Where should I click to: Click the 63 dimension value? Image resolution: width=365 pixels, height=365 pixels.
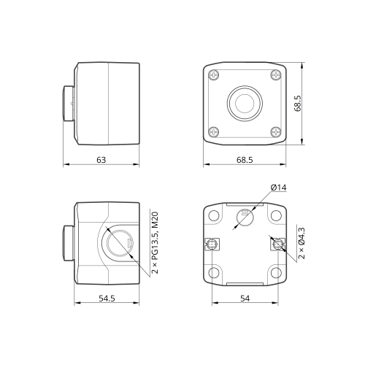101,160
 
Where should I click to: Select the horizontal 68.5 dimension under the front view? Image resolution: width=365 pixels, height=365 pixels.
245,160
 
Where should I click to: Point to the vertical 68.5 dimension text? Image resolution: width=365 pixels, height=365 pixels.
298,104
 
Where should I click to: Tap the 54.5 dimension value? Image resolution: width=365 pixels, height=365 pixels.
107,299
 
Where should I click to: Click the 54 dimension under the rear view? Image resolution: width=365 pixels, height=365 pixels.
245,299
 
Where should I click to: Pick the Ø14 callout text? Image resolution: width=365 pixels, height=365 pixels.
279,188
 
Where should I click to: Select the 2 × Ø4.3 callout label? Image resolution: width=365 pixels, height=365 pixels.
301,243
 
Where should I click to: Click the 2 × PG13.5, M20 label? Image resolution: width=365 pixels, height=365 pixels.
155,243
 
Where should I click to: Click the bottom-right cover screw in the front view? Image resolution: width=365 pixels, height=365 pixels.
276,132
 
